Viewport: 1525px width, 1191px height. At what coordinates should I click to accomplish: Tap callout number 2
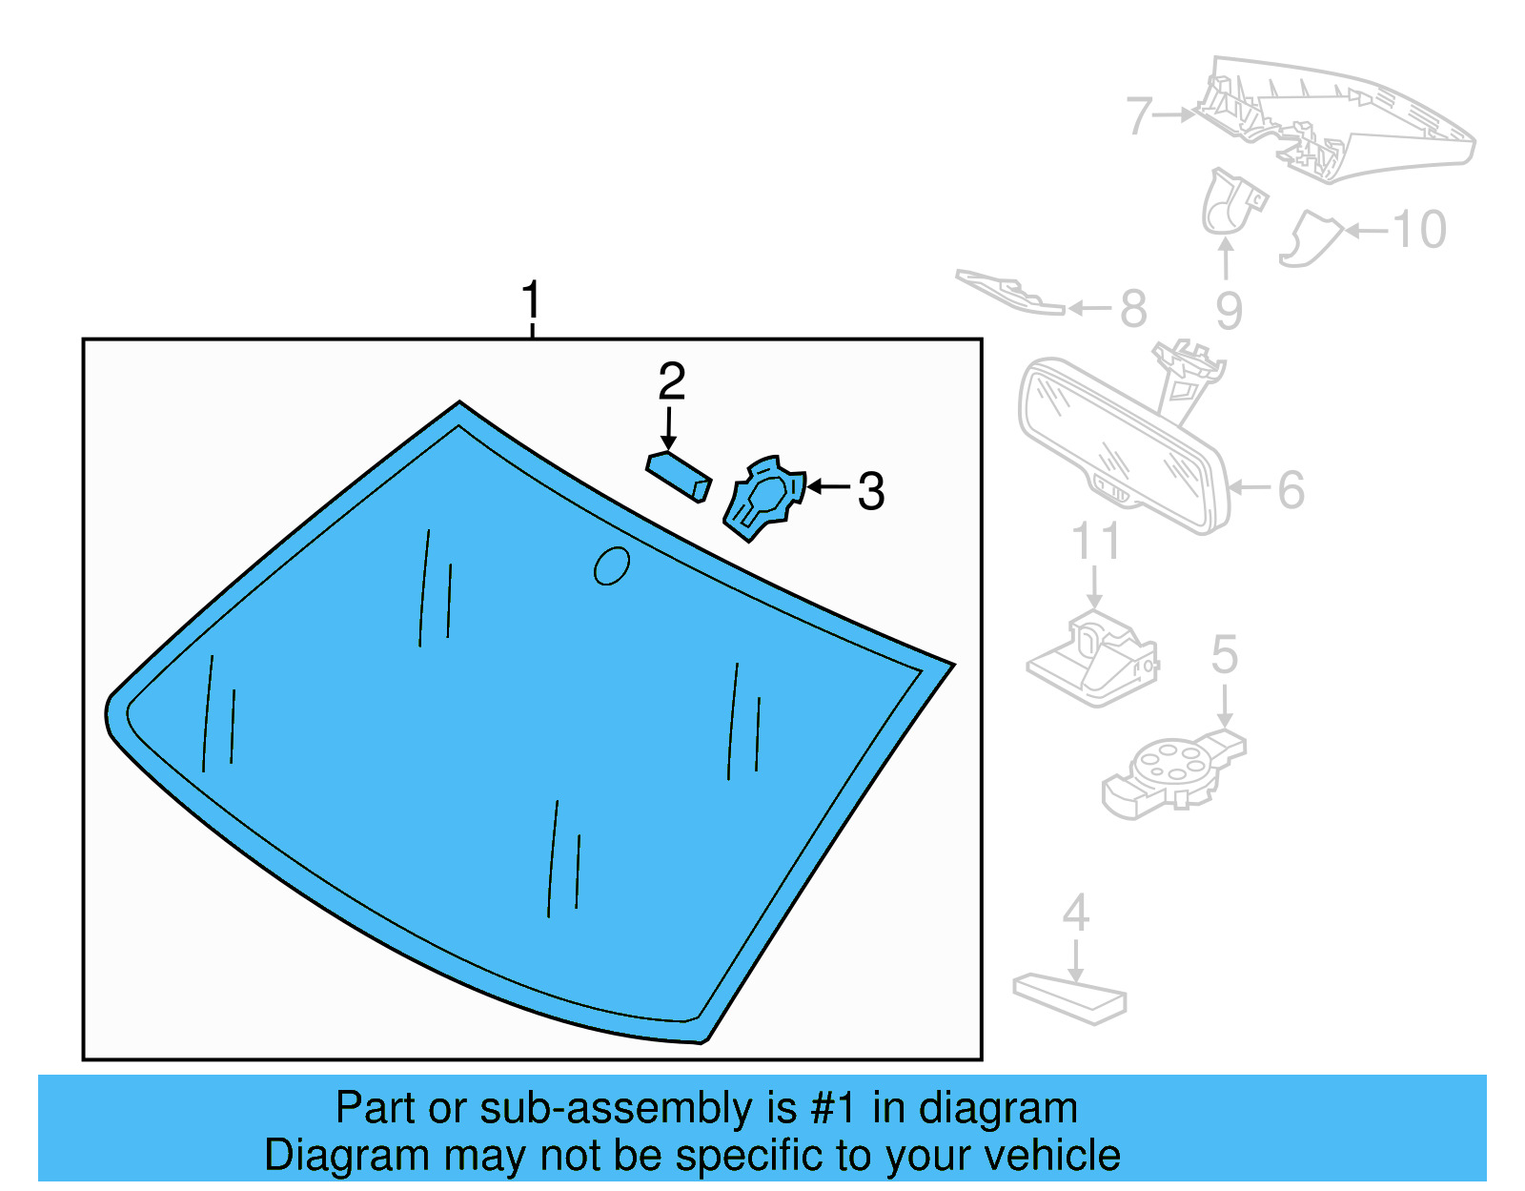[x=671, y=382]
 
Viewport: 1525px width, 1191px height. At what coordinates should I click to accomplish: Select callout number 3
[x=870, y=492]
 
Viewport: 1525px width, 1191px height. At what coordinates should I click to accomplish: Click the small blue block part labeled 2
[x=679, y=476]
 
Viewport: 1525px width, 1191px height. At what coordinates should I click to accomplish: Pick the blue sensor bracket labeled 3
[x=764, y=499]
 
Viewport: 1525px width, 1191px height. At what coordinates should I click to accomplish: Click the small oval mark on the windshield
[x=611, y=565]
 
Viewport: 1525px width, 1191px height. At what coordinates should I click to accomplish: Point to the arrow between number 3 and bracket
[x=827, y=487]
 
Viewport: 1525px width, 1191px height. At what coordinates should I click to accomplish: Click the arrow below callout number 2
[x=669, y=428]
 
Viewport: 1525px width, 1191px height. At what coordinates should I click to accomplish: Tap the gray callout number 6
[x=1291, y=490]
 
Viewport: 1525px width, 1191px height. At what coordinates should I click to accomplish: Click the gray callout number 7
[x=1139, y=116]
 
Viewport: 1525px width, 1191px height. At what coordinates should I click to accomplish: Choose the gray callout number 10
[x=1419, y=230]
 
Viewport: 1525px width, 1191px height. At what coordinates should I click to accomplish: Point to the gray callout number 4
[x=1075, y=914]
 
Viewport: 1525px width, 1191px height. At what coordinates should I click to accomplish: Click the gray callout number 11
[x=1095, y=541]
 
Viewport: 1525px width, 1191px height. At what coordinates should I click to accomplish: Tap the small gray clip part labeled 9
[x=1230, y=202]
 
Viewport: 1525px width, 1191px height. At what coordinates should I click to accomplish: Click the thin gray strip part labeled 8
[x=1010, y=292]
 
